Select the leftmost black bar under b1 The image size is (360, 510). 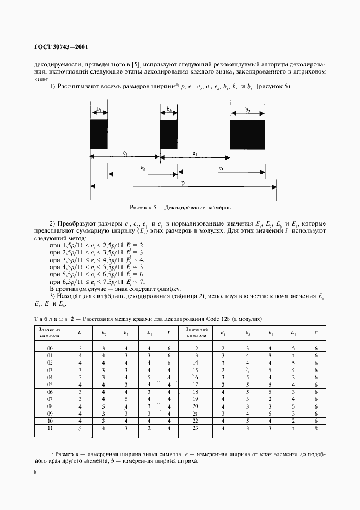click(99, 134)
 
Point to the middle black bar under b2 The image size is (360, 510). click(169, 134)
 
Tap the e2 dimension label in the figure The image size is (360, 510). click(142, 169)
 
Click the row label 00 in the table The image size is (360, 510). click(50, 348)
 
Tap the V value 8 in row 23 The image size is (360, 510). click(316, 428)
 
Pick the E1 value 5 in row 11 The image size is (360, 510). click(81, 428)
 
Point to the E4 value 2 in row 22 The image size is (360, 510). click(293, 421)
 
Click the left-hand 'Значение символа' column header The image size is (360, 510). click(50, 332)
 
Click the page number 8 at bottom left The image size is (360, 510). click(34, 472)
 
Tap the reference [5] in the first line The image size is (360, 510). click(142, 63)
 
